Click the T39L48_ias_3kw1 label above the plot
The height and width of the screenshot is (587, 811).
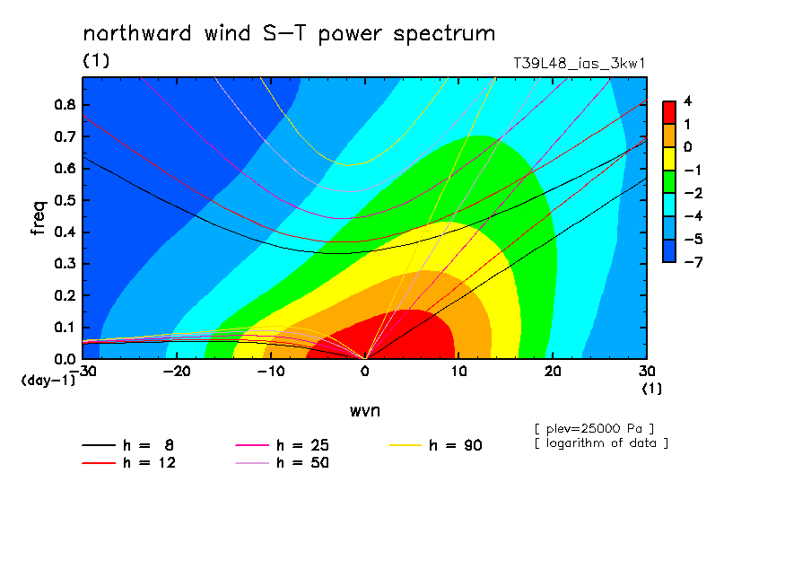[x=580, y=64]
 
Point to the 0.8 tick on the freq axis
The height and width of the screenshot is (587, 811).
[x=65, y=104]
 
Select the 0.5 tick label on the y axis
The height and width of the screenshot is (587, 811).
[x=65, y=200]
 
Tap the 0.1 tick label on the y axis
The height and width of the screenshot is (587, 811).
[x=65, y=328]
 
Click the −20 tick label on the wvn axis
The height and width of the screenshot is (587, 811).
[x=177, y=372]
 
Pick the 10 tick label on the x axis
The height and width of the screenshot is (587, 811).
[x=459, y=372]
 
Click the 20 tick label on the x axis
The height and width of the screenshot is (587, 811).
[x=553, y=372]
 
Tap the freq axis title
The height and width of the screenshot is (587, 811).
[x=39, y=218]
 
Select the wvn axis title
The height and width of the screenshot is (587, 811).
[x=365, y=411]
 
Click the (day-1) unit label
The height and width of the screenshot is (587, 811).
[x=48, y=381]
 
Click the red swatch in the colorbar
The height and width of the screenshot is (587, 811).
[x=669, y=112]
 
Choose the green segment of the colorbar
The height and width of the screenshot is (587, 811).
[x=669, y=181]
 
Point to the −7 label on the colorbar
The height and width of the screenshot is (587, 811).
[x=693, y=262]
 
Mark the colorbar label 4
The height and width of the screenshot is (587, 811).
[x=687, y=101]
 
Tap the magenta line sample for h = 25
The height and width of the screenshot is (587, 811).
[x=252, y=445]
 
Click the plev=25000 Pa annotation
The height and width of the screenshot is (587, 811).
[x=595, y=429]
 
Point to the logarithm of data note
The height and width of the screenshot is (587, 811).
[x=602, y=443]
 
